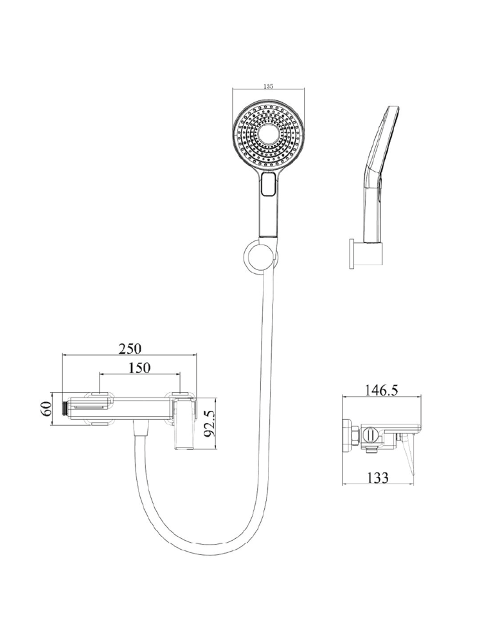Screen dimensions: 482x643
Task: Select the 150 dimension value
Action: click(139, 368)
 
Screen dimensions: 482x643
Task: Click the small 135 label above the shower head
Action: click(269, 86)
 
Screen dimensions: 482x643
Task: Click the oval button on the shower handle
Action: click(269, 185)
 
